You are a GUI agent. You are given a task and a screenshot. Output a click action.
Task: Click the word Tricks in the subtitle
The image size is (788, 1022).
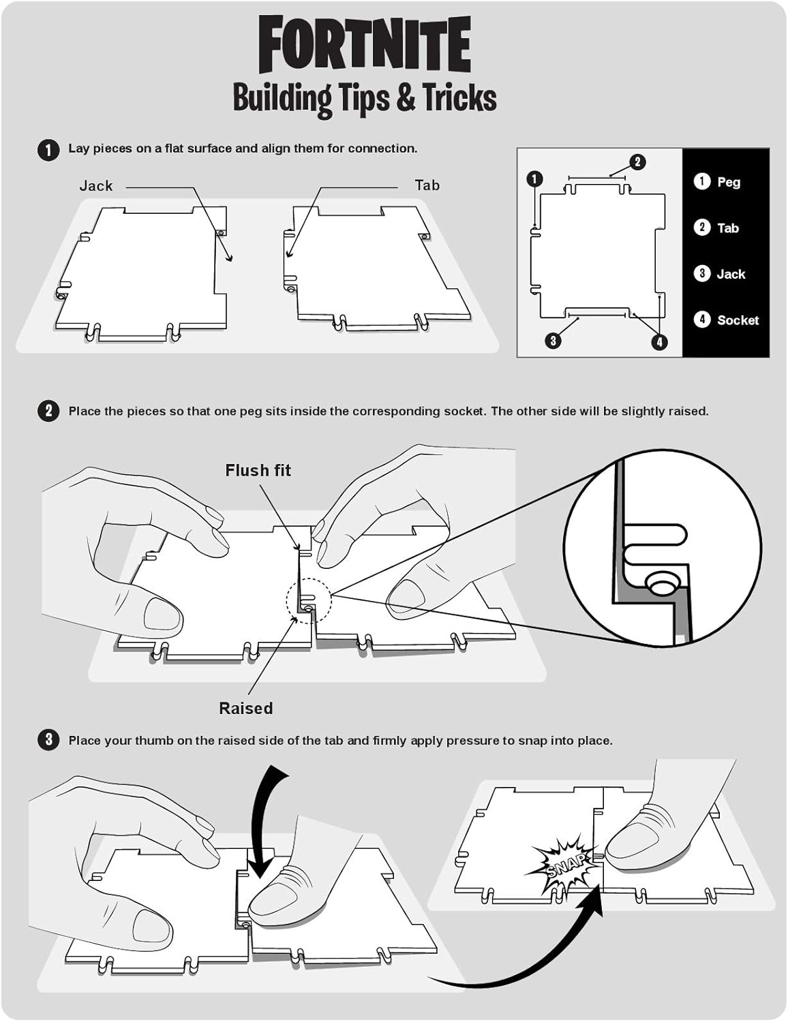point(459,97)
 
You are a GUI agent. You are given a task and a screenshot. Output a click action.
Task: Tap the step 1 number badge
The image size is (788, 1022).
point(48,149)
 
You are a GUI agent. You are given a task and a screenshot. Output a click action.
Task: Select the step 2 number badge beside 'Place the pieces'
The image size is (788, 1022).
point(48,412)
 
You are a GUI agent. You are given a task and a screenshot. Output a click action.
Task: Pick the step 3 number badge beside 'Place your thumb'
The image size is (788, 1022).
point(48,740)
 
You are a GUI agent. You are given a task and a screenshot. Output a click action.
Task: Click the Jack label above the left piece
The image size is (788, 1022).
point(96,186)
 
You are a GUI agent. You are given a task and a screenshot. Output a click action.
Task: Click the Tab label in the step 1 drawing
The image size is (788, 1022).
point(427,185)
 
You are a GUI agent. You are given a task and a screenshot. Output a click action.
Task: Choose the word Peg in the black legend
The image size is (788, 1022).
point(729,182)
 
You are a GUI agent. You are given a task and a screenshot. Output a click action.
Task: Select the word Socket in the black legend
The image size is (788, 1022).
point(738,320)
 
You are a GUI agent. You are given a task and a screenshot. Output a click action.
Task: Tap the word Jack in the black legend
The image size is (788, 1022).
point(731,274)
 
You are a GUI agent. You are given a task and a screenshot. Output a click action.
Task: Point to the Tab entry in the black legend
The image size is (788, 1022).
point(728,228)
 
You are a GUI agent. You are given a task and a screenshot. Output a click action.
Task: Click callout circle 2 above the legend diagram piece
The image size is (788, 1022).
point(637,161)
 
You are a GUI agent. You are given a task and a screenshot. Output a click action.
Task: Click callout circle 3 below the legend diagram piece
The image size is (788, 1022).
point(554,340)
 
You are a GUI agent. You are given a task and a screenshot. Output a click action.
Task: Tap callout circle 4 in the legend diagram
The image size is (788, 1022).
point(659,342)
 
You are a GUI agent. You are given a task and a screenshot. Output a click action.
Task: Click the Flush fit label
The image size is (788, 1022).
point(258,470)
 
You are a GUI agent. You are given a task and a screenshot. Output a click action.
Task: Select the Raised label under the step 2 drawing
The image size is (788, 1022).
point(245,708)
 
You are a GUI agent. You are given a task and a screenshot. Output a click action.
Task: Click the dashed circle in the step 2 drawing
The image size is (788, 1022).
point(308,600)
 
